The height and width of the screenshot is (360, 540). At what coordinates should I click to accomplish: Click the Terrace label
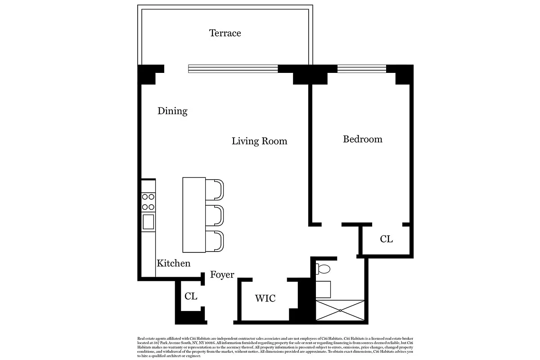(x=225, y=33)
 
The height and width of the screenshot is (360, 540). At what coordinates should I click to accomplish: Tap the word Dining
(x=172, y=111)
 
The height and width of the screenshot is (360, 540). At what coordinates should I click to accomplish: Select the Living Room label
(x=259, y=141)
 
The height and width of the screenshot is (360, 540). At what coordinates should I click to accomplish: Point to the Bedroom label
(x=362, y=139)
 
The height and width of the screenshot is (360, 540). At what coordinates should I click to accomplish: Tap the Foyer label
(x=222, y=274)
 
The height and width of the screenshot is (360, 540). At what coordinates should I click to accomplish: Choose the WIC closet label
(x=265, y=298)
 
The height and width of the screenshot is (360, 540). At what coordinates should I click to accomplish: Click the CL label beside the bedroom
(x=386, y=239)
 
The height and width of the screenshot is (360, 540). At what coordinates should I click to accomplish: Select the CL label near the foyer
(x=191, y=297)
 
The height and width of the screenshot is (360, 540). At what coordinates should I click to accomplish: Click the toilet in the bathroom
(x=323, y=269)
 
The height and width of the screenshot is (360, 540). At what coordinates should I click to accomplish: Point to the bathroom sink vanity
(x=323, y=289)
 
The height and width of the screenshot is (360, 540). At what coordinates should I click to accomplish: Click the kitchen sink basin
(x=148, y=222)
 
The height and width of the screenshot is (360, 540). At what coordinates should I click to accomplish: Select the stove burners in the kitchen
(x=148, y=202)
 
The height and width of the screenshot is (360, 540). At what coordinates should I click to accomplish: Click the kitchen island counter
(x=194, y=215)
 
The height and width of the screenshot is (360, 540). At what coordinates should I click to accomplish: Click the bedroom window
(x=362, y=69)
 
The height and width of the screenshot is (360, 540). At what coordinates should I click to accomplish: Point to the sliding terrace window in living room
(x=233, y=69)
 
